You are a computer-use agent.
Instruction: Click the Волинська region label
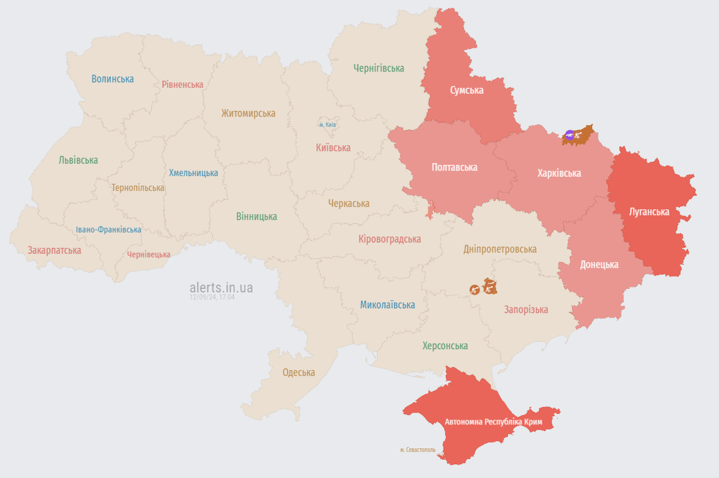coord(113,79)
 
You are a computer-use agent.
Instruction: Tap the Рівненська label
coord(182,85)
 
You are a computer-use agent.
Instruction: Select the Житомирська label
coord(248,113)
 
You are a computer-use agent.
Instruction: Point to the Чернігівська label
coord(378,68)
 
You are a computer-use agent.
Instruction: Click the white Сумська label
coord(467,90)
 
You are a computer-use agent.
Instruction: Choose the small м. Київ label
coord(327,124)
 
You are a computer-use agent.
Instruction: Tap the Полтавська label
coord(454,167)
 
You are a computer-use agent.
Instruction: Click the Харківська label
coord(559,173)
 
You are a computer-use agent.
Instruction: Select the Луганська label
coord(649,212)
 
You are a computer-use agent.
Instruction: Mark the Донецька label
coord(599,265)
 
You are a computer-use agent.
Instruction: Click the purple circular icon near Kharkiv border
coord(570,134)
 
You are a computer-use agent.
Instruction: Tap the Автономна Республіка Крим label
coord(493,422)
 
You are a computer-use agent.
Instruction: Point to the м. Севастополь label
coord(418,449)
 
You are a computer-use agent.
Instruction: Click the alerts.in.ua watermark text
coord(221,288)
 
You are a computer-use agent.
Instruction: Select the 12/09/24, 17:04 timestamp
coord(212,298)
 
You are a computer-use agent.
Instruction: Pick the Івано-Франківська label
coord(108,230)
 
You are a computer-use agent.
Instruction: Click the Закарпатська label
coord(54,250)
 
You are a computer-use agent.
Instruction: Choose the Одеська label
coord(299,372)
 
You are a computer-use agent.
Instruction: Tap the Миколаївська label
coord(387,305)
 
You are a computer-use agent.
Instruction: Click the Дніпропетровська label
coord(500,249)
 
